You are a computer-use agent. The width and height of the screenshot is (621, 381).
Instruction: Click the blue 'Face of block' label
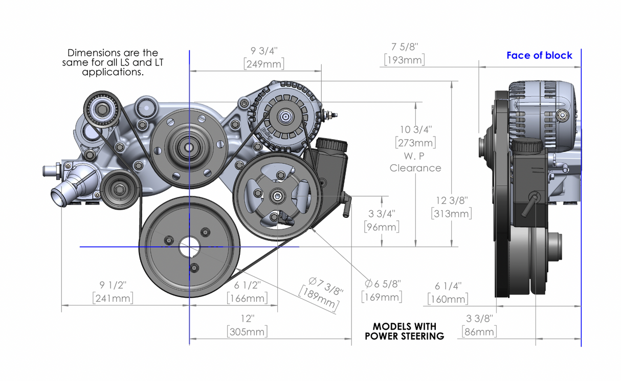tap(539, 55)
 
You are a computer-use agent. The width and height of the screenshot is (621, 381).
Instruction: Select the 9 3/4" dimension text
tap(264, 51)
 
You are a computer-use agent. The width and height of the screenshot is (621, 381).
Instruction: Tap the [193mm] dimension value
tap(405, 60)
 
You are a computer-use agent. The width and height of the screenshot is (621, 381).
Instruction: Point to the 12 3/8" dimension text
tap(452, 200)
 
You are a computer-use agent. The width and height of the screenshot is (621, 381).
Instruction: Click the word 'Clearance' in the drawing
tap(415, 168)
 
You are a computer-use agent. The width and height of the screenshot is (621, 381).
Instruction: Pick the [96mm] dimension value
tap(382, 227)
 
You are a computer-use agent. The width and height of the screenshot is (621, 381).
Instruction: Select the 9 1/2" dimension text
tap(113, 285)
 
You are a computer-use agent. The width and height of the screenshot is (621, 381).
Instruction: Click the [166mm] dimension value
tap(247, 299)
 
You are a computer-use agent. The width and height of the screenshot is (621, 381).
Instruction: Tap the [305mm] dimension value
tap(247, 332)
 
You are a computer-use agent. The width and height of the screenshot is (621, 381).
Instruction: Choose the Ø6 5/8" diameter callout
tap(383, 284)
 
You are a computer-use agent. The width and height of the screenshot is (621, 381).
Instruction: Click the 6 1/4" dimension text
tap(448, 286)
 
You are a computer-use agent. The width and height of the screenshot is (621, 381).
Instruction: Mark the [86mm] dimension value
tap(479, 332)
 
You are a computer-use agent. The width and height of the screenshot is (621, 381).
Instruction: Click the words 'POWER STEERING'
tap(404, 336)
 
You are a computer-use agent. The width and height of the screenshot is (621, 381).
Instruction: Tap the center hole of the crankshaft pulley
tap(189, 246)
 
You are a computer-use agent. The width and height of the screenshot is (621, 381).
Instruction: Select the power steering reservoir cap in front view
tap(331, 145)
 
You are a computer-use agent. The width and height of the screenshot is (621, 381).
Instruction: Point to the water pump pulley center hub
tap(189, 147)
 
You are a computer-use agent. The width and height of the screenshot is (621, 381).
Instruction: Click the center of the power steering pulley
tap(277, 196)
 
